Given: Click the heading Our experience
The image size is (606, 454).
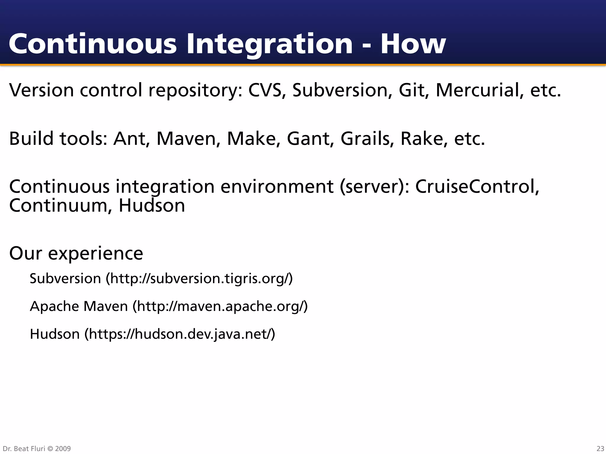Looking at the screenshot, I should tap(76, 253).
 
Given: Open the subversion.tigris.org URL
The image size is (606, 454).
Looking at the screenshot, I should tap(199, 278).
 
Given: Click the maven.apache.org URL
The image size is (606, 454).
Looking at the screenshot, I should tap(220, 306).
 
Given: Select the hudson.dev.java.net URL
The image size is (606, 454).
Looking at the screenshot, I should tap(180, 334).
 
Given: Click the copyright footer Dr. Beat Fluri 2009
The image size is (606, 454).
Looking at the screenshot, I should tap(37, 448).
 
